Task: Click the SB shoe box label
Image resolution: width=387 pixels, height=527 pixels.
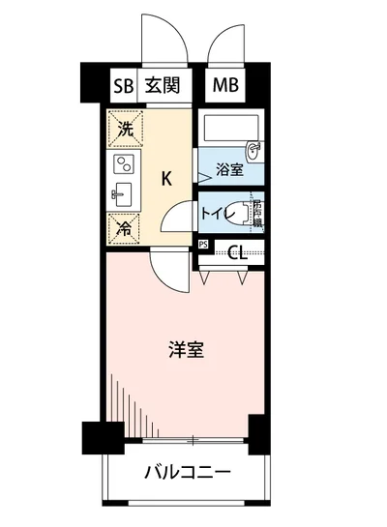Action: (x=122, y=86)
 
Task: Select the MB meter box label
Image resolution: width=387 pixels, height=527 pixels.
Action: (x=226, y=86)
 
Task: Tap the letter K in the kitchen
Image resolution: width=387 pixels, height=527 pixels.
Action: (x=166, y=178)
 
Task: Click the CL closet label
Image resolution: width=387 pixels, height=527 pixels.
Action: (x=237, y=254)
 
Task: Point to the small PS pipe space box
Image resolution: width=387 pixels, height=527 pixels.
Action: (x=202, y=245)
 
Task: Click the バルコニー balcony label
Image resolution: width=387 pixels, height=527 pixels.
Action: (x=188, y=474)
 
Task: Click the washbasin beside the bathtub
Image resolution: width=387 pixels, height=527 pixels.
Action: (x=254, y=149)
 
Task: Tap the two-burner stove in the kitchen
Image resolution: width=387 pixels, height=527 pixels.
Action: (x=124, y=163)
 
